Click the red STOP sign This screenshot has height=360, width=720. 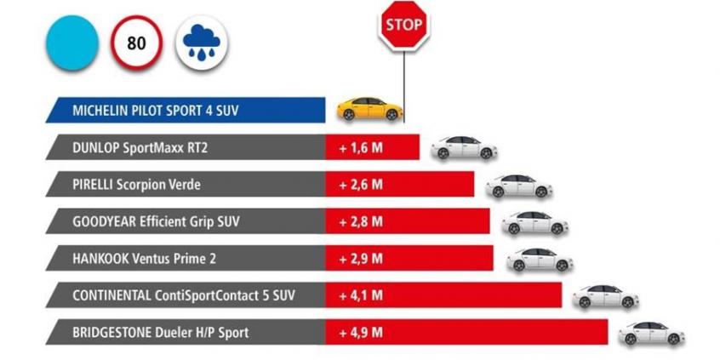[402, 26]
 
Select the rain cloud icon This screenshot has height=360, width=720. [201, 44]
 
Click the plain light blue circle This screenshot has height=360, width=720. [71, 43]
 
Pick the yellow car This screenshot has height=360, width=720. [369, 108]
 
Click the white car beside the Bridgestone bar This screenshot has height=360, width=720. [651, 333]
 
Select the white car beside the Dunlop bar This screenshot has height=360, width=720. [463, 147]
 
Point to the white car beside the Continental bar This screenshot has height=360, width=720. [605, 296]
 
